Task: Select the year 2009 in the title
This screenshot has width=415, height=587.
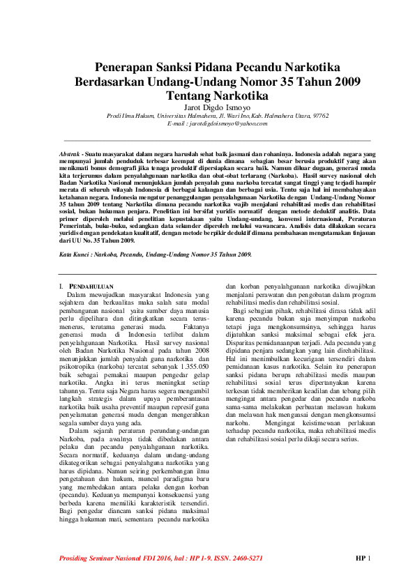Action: [x=341, y=81]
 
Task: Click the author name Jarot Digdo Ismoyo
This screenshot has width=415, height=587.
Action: [x=217, y=107]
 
